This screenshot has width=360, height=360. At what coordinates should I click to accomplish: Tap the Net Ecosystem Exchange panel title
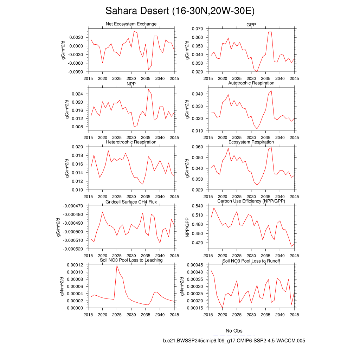pyautogui.click(x=131, y=24)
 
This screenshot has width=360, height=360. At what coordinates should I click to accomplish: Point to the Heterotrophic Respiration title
pyautogui.click(x=131, y=142)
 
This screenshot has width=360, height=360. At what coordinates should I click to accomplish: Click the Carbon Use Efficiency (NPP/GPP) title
pyautogui.click(x=251, y=201)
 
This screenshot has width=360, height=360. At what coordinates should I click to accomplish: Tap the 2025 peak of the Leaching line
pyautogui.click(x=117, y=265)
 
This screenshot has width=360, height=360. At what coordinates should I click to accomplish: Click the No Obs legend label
pyautogui.click(x=234, y=331)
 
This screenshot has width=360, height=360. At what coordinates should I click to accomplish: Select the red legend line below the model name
pyautogui.click(x=234, y=346)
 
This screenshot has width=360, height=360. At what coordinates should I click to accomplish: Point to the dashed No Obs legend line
pyautogui.click(x=234, y=336)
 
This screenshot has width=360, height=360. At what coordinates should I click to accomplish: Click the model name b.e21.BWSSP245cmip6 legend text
pyautogui.click(x=234, y=341)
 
